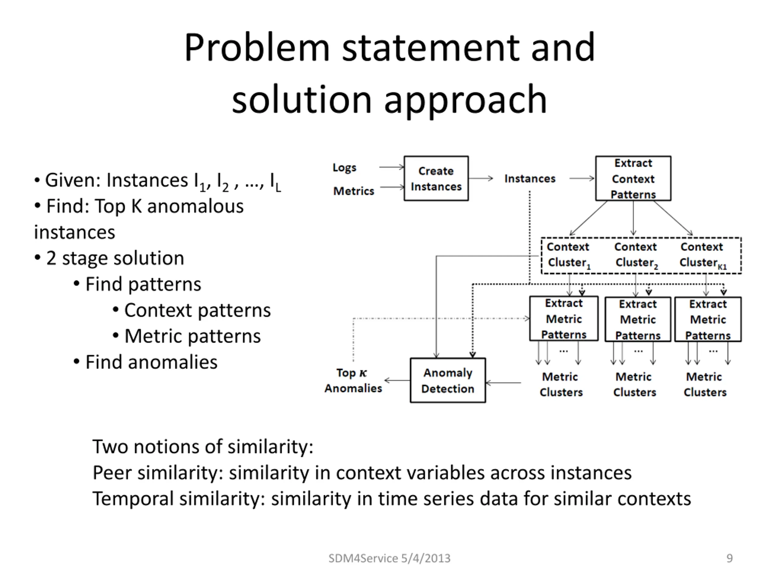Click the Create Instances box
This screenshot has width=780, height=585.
point(436,179)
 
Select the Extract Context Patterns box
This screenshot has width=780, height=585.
point(633,179)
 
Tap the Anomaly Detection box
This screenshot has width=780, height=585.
point(448,381)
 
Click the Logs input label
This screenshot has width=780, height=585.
point(345,168)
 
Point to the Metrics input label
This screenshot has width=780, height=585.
point(354,191)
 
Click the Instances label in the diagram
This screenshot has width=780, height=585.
point(530,179)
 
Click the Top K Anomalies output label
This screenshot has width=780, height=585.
point(353,381)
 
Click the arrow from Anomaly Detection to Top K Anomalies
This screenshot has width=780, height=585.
point(397,381)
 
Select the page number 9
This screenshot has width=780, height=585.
point(730,558)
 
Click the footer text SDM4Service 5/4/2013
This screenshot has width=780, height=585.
point(389,558)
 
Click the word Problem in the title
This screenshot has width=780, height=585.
point(257,48)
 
